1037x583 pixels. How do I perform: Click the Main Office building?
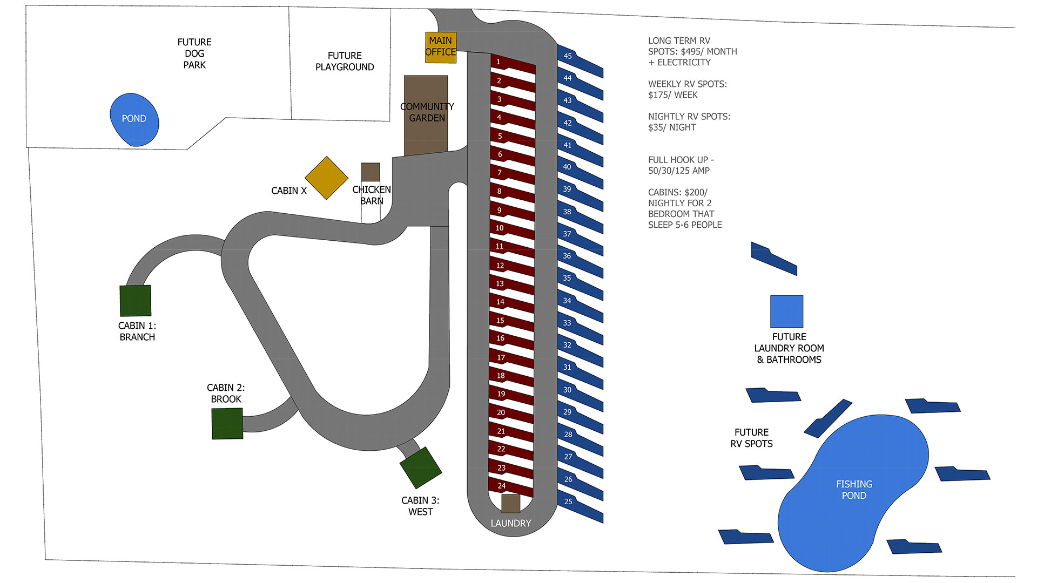click(441, 47)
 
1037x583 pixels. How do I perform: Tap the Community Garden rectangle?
click(426, 115)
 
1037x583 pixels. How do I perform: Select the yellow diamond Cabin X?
click(326, 178)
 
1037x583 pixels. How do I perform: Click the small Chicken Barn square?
click(371, 172)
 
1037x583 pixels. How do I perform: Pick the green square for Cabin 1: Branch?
click(135, 301)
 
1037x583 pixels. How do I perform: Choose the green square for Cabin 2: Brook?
click(227, 424)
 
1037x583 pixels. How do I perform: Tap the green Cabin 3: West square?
click(421, 467)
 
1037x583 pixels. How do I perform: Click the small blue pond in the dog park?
click(134, 119)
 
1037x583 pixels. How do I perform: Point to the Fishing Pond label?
click(854, 490)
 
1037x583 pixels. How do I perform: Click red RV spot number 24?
click(510, 487)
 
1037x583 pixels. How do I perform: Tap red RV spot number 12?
click(511, 267)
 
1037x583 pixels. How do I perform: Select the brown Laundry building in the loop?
click(510, 503)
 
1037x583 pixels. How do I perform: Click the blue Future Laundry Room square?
click(786, 311)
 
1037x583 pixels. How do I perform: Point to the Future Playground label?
click(345, 61)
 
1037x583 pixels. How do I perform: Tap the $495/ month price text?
click(692, 51)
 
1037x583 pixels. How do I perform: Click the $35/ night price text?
click(672, 127)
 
